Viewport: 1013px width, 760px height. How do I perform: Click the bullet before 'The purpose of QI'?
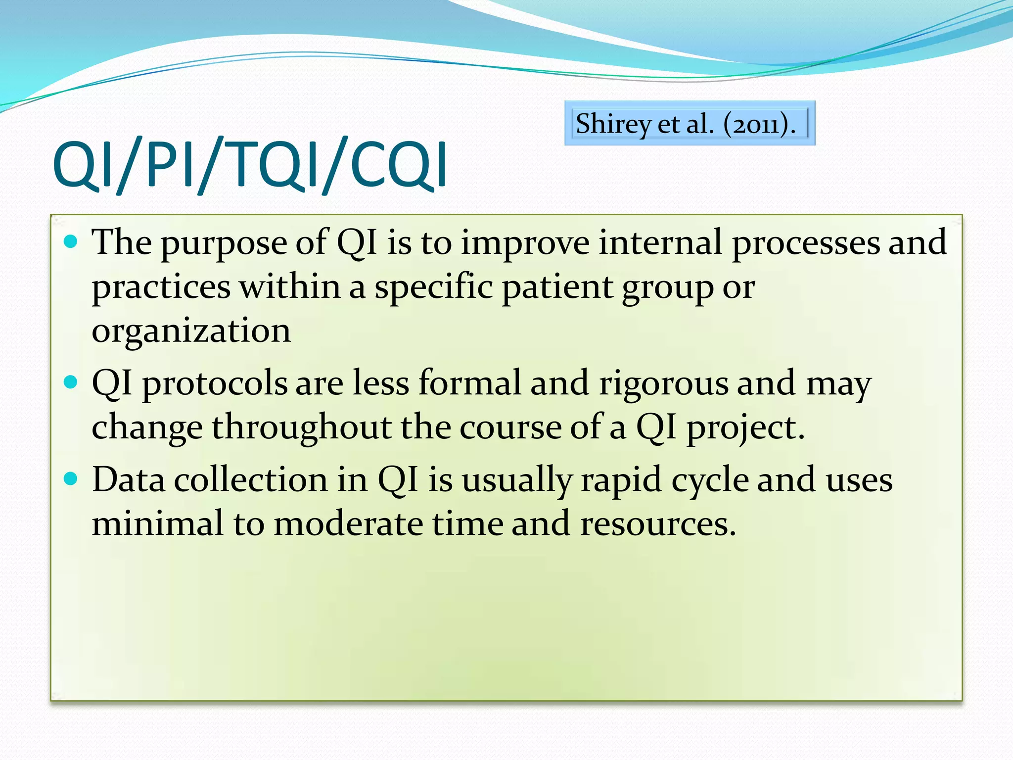pyautogui.click(x=71, y=241)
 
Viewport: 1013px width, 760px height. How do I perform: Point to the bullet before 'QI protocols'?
pyautogui.click(x=71, y=382)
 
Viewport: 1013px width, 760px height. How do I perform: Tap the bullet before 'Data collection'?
pyautogui.click(x=71, y=478)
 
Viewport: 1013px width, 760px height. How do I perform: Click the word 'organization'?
pyautogui.click(x=191, y=332)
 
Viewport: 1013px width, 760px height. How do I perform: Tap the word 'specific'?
pyautogui.click(x=433, y=287)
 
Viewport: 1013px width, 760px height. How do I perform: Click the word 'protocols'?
pyautogui.click(x=215, y=384)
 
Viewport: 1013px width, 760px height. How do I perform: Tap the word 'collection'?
pyautogui.click(x=251, y=480)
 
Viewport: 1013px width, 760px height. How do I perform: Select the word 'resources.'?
pyautogui.click(x=658, y=524)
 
